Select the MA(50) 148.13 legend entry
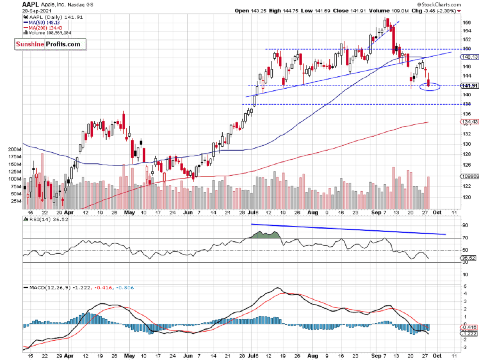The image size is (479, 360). tap(38, 23)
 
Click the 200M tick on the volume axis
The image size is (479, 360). tap(14, 149)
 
